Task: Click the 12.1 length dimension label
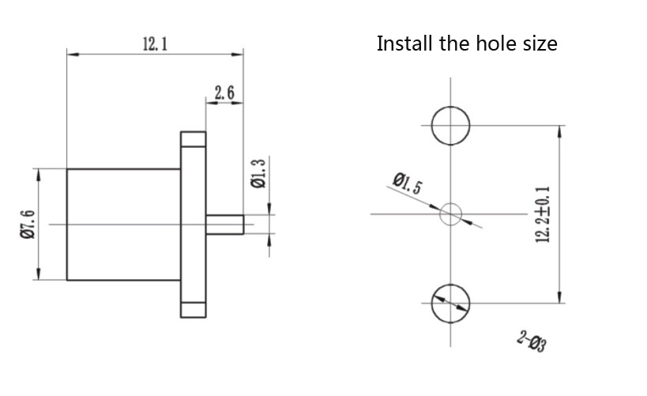click(x=155, y=44)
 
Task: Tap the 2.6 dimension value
click(x=224, y=93)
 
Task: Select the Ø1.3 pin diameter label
click(x=258, y=173)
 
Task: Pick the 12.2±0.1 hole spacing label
click(x=543, y=214)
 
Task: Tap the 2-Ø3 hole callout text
click(x=532, y=341)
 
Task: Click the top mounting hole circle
click(x=451, y=125)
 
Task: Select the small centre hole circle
click(x=451, y=213)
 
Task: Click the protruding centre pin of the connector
click(x=224, y=224)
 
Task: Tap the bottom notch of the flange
click(x=193, y=309)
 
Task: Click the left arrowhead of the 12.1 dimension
click(x=71, y=54)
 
